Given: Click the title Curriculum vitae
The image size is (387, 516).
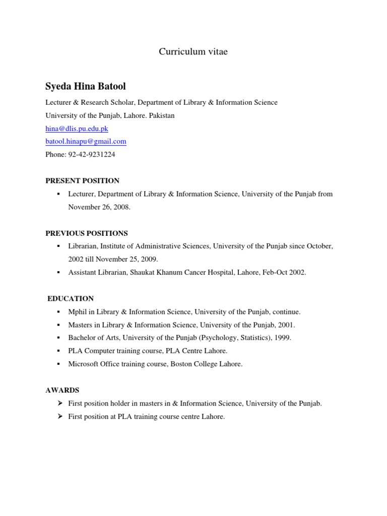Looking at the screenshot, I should pos(193,52).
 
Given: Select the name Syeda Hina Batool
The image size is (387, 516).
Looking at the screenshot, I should pos(86,86).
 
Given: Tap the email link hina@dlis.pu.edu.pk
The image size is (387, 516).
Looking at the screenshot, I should pos(77,128).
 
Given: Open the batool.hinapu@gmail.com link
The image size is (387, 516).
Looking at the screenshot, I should pos(86,142).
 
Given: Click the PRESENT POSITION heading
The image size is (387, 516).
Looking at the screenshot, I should pos(83,180).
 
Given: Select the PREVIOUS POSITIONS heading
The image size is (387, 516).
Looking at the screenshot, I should pos(87,233).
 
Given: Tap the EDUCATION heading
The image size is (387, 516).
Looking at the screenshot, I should pos(71,299).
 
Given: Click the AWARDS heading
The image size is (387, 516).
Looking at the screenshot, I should pos(62,390).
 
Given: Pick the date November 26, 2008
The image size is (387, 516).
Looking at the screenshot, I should pos(99,207).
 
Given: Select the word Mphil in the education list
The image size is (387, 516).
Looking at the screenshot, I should pos(78,312).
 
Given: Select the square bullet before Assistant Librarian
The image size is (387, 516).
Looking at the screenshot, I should pos(59,273).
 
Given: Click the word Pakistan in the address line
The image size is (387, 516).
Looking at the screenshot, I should pos(162,115).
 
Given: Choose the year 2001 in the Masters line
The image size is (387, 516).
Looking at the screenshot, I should pos(287,325).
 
